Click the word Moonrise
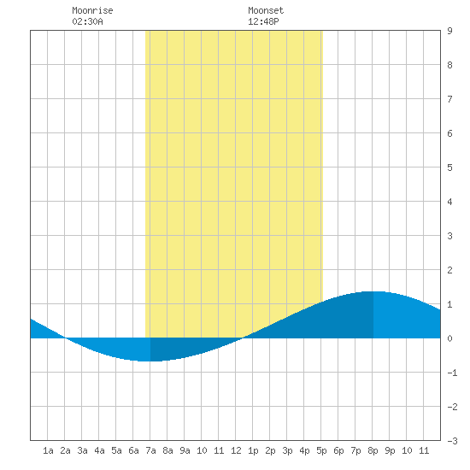92,10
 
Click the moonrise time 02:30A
87,21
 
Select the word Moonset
266,10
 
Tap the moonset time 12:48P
263,21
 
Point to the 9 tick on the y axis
449,31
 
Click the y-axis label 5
449,167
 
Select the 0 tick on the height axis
449,338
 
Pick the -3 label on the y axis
452,441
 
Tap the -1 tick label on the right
452,373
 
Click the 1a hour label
48,450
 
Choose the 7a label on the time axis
150,450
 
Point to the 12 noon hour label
236,450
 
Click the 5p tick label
321,450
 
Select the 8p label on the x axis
373,450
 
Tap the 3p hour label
287,450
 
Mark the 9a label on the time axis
185,450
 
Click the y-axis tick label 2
449,270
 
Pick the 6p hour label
338,450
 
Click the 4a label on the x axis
99,450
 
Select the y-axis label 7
449,99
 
